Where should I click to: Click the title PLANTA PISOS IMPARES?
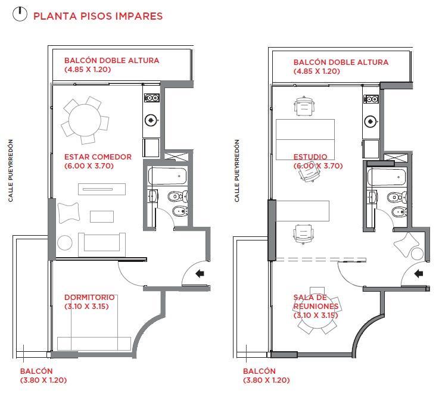coord(98,16)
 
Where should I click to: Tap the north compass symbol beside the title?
coord(20,14)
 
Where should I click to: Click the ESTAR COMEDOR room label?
coord(98,157)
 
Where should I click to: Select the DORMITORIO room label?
coord(89,297)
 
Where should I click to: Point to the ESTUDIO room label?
coord(310,157)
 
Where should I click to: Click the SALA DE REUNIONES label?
coord(316,302)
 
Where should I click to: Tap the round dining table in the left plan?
coord(85,120)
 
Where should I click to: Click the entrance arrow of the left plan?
coord(200,273)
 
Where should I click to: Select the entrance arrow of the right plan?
coord(419,273)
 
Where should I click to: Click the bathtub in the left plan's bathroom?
coord(167,176)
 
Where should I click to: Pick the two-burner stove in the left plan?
coord(151,98)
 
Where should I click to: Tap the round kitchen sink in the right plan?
coord(370,121)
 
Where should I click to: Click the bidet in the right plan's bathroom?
coord(399,213)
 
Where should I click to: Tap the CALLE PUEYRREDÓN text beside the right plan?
coord(237,170)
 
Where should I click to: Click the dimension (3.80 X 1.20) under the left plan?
coord(43,380)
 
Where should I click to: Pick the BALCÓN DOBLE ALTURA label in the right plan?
coord(341,62)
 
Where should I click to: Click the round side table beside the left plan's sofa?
coord(65,243)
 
